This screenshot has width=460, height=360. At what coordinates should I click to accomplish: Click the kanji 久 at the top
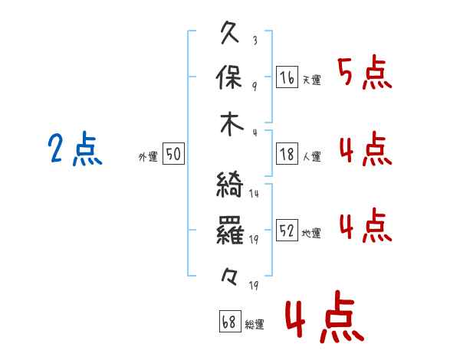coord(230,32)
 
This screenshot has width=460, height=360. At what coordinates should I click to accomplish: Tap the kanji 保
coord(228,77)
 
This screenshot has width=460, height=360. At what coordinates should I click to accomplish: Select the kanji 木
coord(232,124)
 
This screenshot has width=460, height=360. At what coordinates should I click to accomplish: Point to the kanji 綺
coord(230,184)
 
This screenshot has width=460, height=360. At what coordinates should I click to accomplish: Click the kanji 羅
coord(230,230)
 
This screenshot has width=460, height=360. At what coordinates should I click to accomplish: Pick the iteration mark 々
coord(229,277)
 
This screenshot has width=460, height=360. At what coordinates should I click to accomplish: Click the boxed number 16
coord(287,77)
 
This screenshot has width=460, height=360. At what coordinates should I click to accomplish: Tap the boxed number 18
coord(287,154)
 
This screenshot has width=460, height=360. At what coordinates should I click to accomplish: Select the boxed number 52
coord(287,230)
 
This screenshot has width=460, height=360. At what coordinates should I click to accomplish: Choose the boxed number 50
coord(173,153)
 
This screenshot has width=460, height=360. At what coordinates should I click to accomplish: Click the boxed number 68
coord(230,321)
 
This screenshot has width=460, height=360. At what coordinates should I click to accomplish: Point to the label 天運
coord(311,80)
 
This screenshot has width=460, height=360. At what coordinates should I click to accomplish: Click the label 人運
coord(311,156)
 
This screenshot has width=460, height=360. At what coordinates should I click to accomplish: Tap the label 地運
coord(311,233)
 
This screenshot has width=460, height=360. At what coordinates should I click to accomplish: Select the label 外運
coord(148,156)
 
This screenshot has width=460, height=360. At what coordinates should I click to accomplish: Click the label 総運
coord(255,324)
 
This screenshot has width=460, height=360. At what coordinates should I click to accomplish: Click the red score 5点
coord(365,72)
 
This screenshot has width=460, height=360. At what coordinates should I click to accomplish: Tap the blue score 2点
coord(75,148)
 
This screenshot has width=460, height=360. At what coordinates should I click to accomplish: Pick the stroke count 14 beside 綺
coord(254,194)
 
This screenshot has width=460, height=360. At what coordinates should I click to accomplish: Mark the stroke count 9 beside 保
coord(255,87)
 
